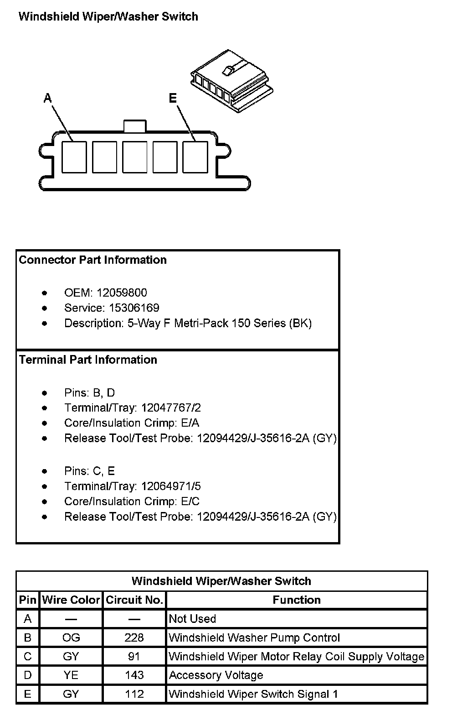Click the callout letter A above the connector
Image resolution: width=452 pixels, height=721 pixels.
(x=47, y=98)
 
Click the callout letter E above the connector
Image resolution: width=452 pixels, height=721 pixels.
(x=173, y=98)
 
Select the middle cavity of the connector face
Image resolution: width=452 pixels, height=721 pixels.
(x=135, y=157)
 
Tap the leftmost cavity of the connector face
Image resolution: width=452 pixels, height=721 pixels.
(x=74, y=157)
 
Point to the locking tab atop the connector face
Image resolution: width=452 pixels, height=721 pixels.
(x=135, y=126)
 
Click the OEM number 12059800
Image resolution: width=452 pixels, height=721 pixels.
(x=122, y=293)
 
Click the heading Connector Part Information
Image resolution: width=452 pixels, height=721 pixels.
(x=93, y=260)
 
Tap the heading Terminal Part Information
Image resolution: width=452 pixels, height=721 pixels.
(x=88, y=360)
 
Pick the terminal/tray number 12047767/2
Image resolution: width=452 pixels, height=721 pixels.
(x=171, y=408)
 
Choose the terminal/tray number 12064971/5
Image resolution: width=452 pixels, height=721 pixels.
(x=171, y=486)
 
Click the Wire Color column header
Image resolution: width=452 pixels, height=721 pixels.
(x=71, y=600)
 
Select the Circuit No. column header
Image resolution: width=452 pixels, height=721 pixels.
(x=134, y=600)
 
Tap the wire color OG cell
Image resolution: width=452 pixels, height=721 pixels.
(x=71, y=637)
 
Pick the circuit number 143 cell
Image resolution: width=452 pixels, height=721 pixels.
(x=134, y=675)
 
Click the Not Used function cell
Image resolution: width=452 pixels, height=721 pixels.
(x=192, y=619)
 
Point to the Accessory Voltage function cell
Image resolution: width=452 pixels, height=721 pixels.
(x=216, y=675)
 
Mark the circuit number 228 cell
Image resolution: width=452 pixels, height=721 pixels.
(x=134, y=637)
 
